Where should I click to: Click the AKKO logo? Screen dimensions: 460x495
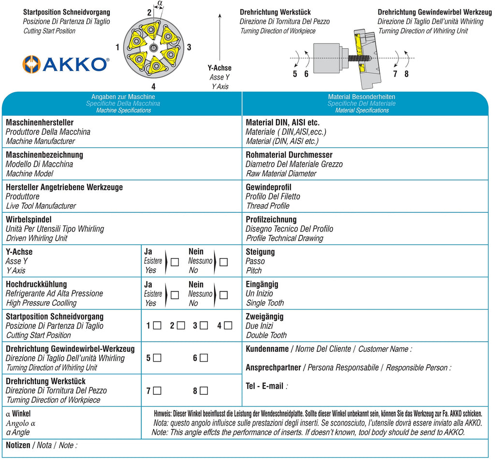click(x=66, y=64)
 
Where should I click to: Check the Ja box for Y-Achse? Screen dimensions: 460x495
click(x=175, y=262)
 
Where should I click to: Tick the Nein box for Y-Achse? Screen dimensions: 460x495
click(x=223, y=262)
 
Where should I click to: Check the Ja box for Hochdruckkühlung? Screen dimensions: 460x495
click(x=175, y=295)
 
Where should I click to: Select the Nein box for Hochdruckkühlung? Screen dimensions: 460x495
click(x=223, y=295)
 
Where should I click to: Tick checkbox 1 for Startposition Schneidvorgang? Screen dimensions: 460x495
click(x=157, y=326)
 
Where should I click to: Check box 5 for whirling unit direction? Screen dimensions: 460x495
click(x=157, y=358)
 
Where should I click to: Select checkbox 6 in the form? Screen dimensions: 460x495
click(x=204, y=358)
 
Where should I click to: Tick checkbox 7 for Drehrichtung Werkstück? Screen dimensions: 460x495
click(x=157, y=390)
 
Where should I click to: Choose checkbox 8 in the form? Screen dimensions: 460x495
click(x=204, y=390)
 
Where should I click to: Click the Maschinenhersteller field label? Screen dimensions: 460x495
click(x=40, y=123)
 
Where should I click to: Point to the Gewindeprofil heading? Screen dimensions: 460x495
click(x=268, y=187)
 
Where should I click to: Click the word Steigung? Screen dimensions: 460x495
click(x=260, y=252)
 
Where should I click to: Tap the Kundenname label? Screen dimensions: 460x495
click(x=267, y=349)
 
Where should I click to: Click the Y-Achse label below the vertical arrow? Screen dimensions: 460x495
click(x=219, y=68)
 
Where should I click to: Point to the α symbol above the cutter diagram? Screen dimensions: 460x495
click(x=160, y=4)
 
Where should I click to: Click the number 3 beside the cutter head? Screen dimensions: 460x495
click(x=189, y=47)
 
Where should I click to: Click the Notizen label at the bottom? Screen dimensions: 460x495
click(x=18, y=445)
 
